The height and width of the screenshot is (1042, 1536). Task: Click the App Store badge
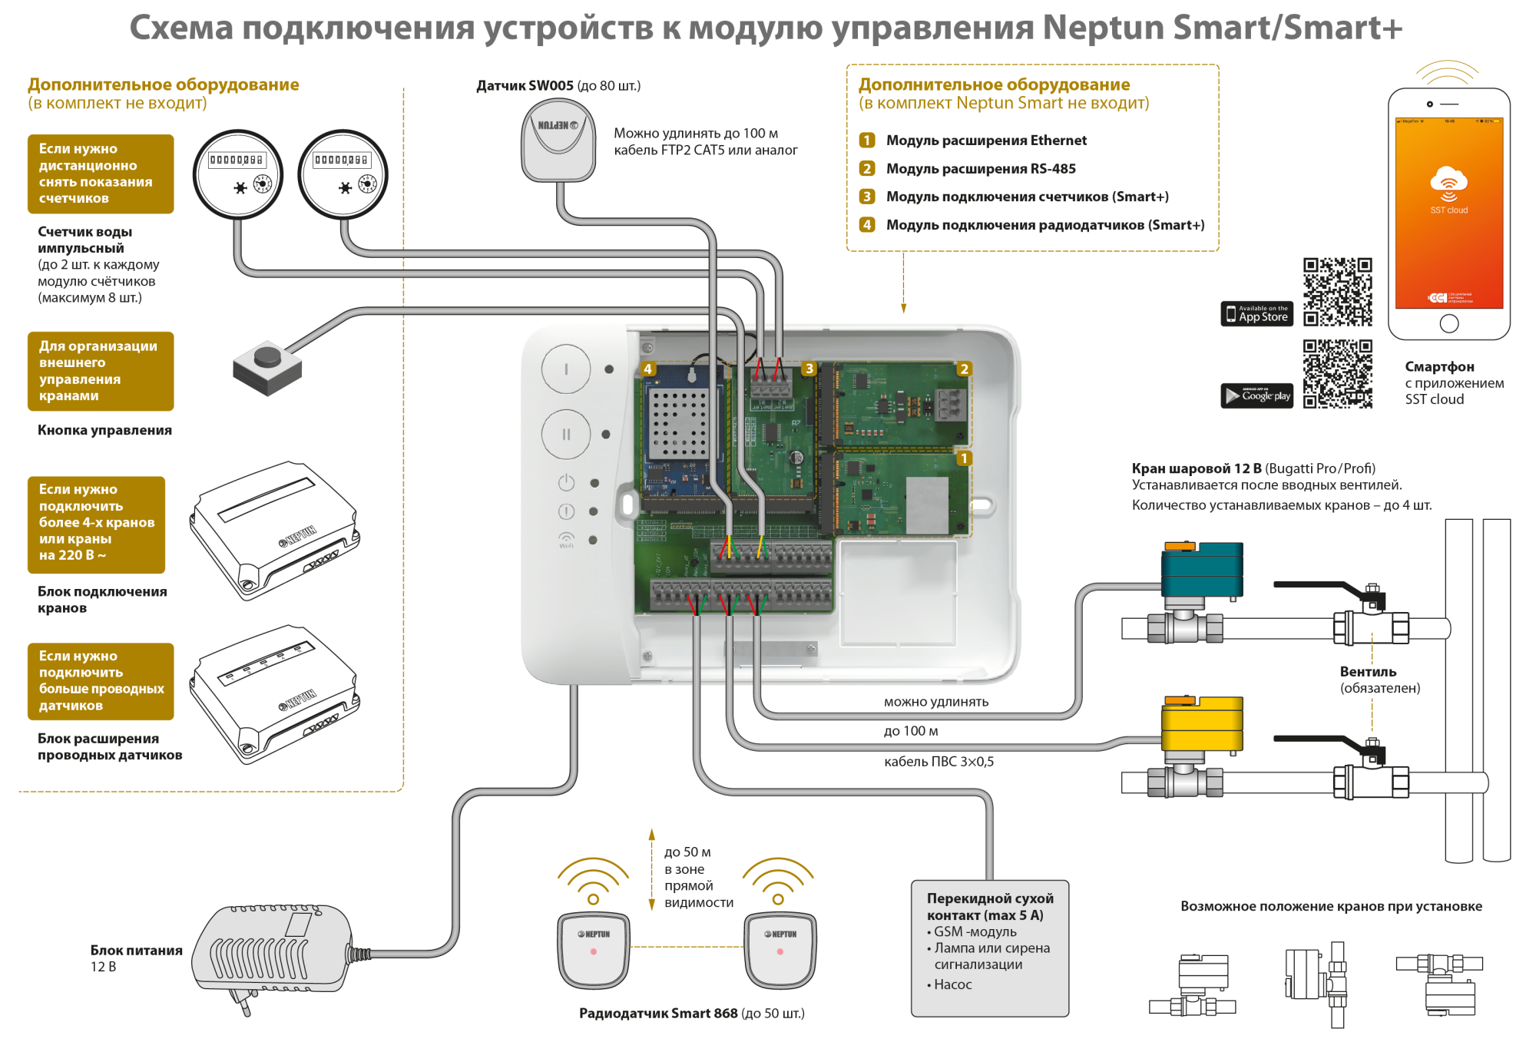(x=1256, y=314)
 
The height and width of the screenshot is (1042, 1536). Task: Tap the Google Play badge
(x=1256, y=395)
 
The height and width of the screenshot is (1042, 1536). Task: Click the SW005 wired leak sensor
(x=558, y=143)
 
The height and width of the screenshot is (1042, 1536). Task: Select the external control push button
(x=267, y=366)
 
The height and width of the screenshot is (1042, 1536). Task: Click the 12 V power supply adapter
(x=273, y=951)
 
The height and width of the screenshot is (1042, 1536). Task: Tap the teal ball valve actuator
(x=1201, y=570)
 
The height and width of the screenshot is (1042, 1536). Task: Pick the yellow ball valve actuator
(x=1201, y=724)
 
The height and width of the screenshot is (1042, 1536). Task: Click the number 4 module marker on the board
(x=647, y=369)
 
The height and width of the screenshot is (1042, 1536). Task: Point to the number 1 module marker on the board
(x=964, y=459)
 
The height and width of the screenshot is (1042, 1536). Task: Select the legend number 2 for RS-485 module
(x=867, y=169)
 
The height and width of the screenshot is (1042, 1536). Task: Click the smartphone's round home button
(x=1448, y=324)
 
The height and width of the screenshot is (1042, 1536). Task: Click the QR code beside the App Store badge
(x=1337, y=292)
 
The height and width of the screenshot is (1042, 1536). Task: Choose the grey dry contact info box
(x=989, y=948)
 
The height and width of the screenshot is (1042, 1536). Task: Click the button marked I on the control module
(x=566, y=369)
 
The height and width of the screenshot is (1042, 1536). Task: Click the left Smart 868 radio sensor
(x=594, y=950)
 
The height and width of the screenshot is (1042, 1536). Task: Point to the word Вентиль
(x=1368, y=672)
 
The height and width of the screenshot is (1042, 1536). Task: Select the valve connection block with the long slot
(x=273, y=531)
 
